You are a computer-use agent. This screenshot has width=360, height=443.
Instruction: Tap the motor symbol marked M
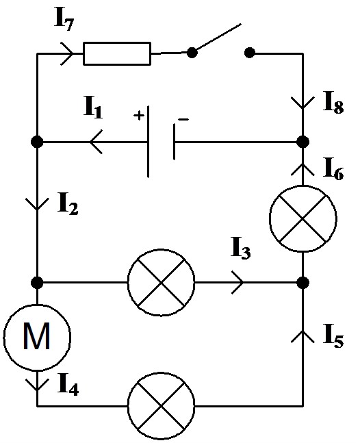pyautogui.click(x=37, y=338)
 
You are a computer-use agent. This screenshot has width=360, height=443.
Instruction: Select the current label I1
pyautogui.click(x=93, y=107)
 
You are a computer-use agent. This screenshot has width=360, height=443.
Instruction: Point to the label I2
pyautogui.click(x=68, y=204)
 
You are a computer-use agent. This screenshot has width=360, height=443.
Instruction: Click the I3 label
pyautogui.click(x=240, y=249)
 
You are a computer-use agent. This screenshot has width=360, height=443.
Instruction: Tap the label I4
pyautogui.click(x=68, y=384)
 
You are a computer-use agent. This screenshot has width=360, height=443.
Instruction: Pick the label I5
pyautogui.click(x=333, y=336)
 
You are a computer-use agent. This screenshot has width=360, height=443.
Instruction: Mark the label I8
pyautogui.click(x=334, y=103)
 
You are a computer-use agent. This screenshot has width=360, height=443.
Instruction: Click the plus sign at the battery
pyautogui.click(x=139, y=115)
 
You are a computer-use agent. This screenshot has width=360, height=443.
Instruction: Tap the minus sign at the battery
pyautogui.click(x=183, y=120)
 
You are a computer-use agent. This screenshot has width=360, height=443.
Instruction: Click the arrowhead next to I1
pyautogui.click(x=96, y=142)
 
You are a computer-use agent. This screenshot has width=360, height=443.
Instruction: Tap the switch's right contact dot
pyautogui.click(x=249, y=53)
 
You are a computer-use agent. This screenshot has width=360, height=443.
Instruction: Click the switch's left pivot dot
pyautogui.click(x=192, y=53)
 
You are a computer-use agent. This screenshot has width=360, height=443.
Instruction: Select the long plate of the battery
pyautogui.click(x=149, y=142)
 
